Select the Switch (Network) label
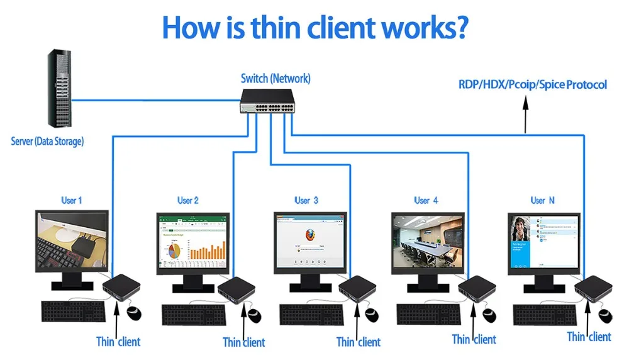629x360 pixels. pos(276,79)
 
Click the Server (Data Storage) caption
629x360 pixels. pos(47,141)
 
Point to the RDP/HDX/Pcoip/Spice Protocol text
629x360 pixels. pos(532,84)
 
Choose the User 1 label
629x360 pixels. pos(71,201)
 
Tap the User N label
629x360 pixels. pos(542,201)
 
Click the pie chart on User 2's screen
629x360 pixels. pos(174,250)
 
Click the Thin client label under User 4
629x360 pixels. pos(474,340)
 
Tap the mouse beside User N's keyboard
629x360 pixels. pos(605,313)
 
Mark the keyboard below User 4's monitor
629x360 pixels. pos(428,313)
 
